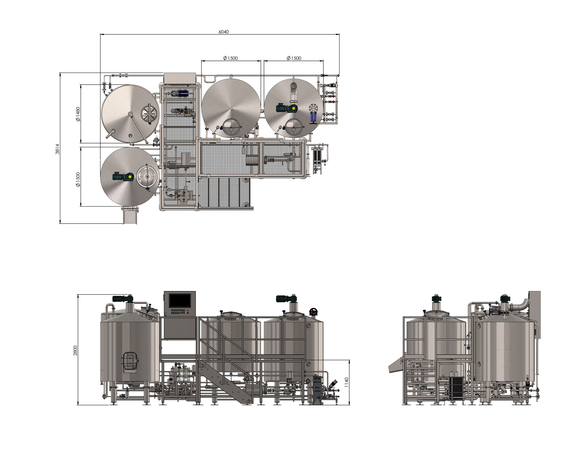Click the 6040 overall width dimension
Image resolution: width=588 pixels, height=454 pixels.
223,32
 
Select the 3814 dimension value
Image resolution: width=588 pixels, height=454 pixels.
58,149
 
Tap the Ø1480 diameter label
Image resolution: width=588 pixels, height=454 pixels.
78,114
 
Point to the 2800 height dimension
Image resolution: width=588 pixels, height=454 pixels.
75,350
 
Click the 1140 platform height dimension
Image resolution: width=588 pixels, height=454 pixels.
346,382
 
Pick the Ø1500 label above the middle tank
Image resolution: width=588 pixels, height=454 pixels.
230,58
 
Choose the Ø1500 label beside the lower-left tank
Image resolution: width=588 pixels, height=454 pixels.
78,180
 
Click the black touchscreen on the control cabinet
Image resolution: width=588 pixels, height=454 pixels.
180,300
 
